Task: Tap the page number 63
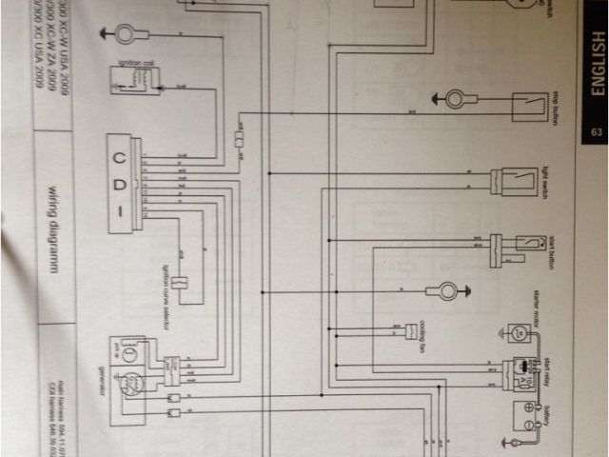[x=597, y=132]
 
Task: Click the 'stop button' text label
[x=554, y=108]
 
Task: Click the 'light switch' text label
[x=546, y=180]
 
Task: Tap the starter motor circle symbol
[x=519, y=332]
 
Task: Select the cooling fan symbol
[x=412, y=330]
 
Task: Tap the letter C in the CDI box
[x=119, y=157]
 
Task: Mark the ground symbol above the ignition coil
[x=124, y=35]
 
